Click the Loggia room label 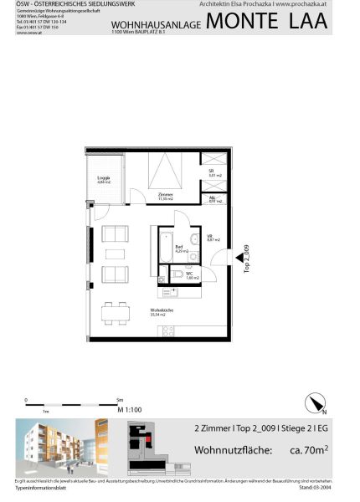tap(104, 180)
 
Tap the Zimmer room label tap(165, 196)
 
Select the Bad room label tap(180, 248)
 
